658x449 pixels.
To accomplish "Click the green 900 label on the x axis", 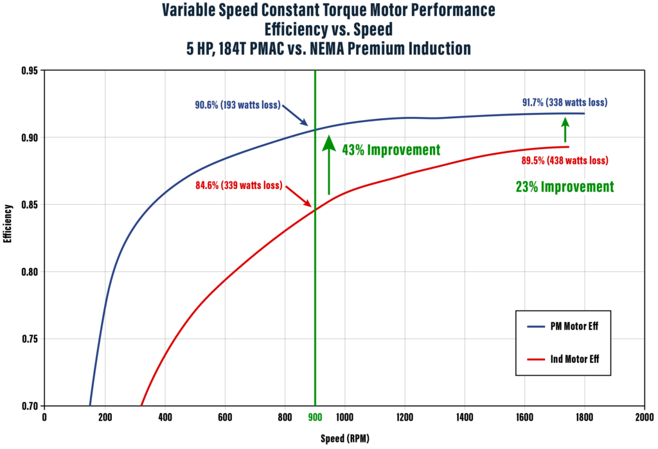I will pyautogui.click(x=315, y=418).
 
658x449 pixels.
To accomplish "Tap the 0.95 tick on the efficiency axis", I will pyautogui.click(x=28, y=71).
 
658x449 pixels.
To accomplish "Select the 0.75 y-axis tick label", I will pyautogui.click(x=28, y=339).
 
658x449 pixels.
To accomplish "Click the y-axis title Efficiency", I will pyautogui.click(x=8, y=224).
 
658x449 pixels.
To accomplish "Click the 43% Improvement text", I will pyautogui.click(x=391, y=150).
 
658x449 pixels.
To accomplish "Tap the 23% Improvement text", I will pyautogui.click(x=564, y=187).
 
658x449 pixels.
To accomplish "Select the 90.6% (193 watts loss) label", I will pyautogui.click(x=238, y=105).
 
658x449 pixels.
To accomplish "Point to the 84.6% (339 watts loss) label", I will pyautogui.click(x=238, y=186).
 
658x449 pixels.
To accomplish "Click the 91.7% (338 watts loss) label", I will pyautogui.click(x=564, y=102).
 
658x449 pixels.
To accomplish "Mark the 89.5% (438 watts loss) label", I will pyautogui.click(x=564, y=160).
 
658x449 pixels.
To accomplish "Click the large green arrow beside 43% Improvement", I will pyautogui.click(x=328, y=164).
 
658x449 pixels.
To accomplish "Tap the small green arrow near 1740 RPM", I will pyautogui.click(x=565, y=132).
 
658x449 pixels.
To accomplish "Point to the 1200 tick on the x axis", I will pyautogui.click(x=404, y=418).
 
